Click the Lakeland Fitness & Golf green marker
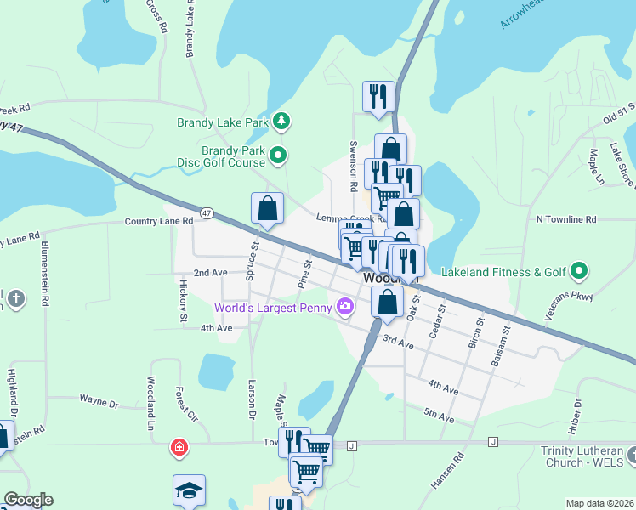click(580, 272)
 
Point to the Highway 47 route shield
click(207, 212)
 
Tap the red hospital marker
click(179, 446)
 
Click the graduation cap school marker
click(189, 490)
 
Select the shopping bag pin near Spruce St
click(267, 209)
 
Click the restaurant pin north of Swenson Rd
click(377, 96)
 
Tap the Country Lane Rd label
click(158, 221)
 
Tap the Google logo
click(28, 500)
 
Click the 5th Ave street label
click(440, 415)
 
